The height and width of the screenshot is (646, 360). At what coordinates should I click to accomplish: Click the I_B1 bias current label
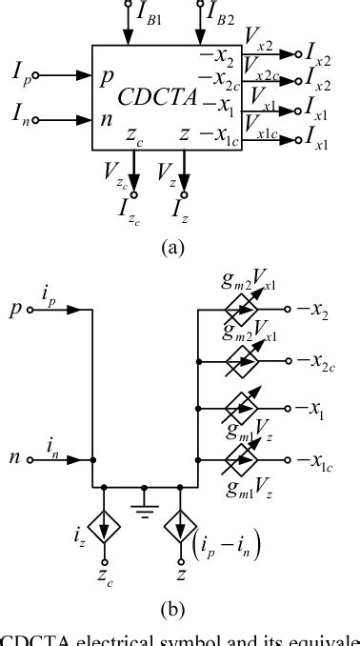pos(150,16)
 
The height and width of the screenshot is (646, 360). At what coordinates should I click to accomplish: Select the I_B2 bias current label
pos(223,16)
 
